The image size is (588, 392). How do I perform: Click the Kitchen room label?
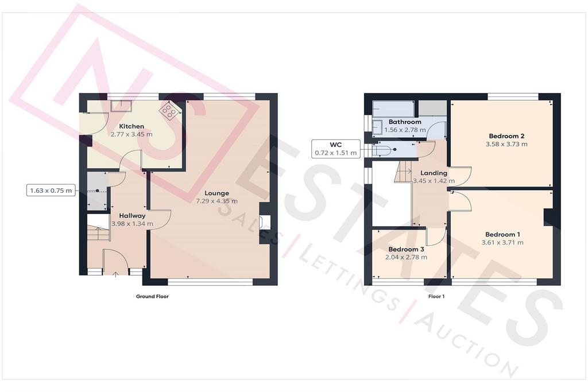pyautogui.click(x=131, y=126)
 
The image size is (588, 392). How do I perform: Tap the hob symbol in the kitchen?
pyautogui.click(x=169, y=110)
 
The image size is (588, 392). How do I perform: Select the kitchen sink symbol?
pyautogui.click(x=121, y=106)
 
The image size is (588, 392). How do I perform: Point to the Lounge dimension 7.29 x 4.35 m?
pyautogui.click(x=216, y=201)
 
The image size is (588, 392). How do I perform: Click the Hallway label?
pyautogui.click(x=132, y=215)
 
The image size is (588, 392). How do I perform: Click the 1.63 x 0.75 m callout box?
pyautogui.click(x=51, y=191)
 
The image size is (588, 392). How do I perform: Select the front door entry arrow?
pyautogui.click(x=115, y=274)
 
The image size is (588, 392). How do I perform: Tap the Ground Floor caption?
pyautogui.click(x=152, y=296)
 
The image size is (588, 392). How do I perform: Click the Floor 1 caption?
pyautogui.click(x=436, y=296)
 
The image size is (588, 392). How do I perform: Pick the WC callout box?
pyautogui.click(x=335, y=149)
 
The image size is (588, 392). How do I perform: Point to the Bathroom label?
pyautogui.click(x=405, y=122)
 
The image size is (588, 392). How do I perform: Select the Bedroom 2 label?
pyautogui.click(x=506, y=136)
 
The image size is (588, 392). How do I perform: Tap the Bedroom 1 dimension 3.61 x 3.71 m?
pyautogui.click(x=502, y=242)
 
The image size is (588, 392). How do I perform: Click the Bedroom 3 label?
pyautogui.click(x=406, y=249)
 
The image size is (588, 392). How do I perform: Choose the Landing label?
pyautogui.click(x=434, y=173)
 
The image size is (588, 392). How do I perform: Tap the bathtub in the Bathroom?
pyautogui.click(x=393, y=108)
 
